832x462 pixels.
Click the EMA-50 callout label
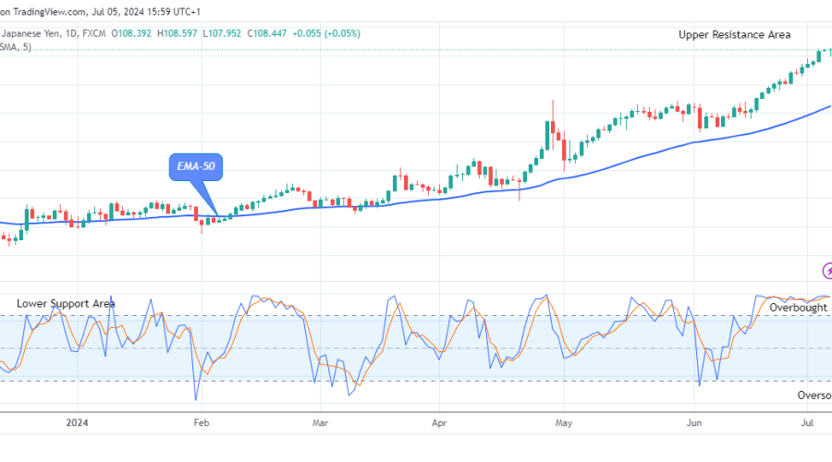point(197,167)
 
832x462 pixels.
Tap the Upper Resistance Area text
point(734,34)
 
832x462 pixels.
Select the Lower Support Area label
point(66,303)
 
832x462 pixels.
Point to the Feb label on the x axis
point(201,424)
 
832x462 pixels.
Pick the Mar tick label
point(319,424)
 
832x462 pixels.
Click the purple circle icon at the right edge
point(827,271)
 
